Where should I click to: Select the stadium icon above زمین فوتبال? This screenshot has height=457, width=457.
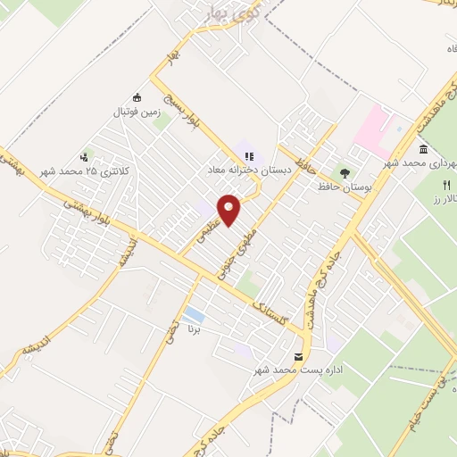tap(137, 97)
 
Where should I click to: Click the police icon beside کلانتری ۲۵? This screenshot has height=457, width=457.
tap(86, 156)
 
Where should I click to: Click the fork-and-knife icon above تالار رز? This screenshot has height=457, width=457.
tap(445, 185)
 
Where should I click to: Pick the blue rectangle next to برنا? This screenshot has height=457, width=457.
tap(193, 314)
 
